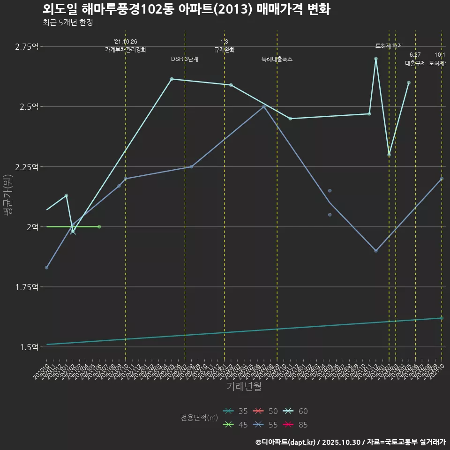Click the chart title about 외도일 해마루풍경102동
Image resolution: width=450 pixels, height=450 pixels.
click(186, 9)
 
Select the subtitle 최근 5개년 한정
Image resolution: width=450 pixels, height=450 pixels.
click(67, 22)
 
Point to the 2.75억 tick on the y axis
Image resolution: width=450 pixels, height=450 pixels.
click(27, 46)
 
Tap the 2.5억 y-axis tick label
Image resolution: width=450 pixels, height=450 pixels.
click(29, 106)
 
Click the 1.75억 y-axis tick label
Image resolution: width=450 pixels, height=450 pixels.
click(27, 287)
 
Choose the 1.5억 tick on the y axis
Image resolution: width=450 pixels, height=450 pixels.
click(29, 347)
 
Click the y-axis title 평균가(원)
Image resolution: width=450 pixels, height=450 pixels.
click(7, 195)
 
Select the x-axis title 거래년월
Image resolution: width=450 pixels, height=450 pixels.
click(244, 387)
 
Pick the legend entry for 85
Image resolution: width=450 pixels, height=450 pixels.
click(296, 425)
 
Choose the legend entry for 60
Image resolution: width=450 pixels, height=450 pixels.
click(296, 412)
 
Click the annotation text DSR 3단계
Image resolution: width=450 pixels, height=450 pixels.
click(185, 59)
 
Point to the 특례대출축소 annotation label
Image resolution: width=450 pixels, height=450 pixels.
click(277, 59)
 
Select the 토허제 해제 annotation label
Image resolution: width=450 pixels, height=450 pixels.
click(389, 46)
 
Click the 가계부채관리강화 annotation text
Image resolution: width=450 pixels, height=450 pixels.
click(126, 50)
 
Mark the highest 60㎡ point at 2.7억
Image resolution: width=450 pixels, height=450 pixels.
click(376, 59)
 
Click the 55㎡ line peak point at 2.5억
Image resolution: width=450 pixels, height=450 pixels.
click(264, 106)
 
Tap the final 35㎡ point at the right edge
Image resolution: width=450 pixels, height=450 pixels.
click(442, 318)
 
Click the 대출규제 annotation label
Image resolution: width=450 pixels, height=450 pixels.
click(415, 63)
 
